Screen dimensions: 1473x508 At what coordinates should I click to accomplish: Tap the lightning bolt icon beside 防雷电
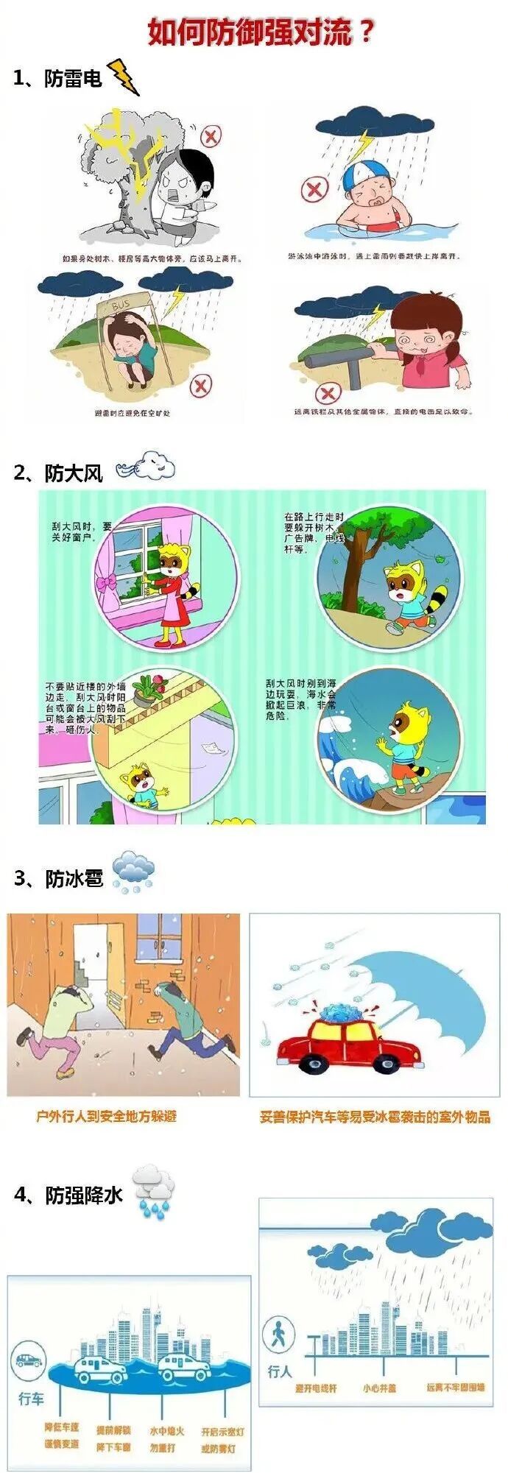(124, 77)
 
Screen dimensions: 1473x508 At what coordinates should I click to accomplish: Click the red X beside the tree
(211, 135)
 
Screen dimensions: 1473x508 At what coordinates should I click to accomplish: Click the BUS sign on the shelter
(119, 303)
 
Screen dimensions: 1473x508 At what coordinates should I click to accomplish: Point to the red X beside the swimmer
(314, 190)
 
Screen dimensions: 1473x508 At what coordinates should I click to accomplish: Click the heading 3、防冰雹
(59, 878)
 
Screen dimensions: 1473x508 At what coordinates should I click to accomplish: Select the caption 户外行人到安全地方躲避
(107, 1116)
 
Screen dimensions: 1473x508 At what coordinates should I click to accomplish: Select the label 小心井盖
(379, 1388)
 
